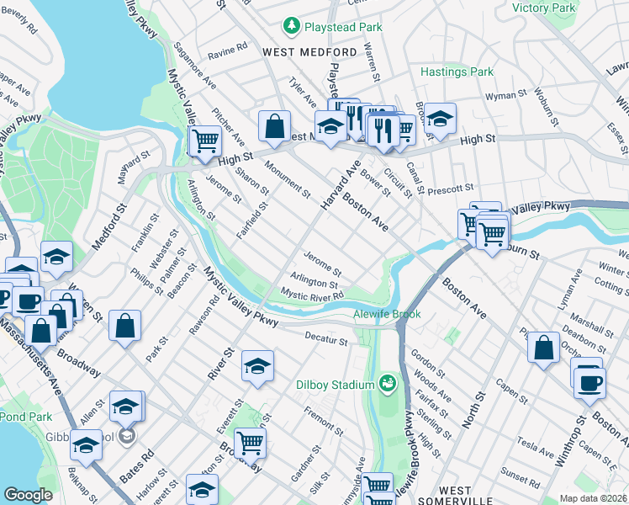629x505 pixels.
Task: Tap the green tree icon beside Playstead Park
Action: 292,27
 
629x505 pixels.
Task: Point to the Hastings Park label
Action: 457,72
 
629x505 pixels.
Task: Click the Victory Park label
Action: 543,8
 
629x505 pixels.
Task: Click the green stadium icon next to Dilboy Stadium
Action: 388,385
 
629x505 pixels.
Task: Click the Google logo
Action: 28,495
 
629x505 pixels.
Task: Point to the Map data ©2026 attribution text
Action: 593,498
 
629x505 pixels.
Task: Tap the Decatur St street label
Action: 325,339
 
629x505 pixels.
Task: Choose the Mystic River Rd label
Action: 312,295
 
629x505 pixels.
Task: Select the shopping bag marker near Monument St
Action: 274,127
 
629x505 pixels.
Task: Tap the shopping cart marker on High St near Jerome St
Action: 204,141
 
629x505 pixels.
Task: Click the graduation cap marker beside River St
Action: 257,366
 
